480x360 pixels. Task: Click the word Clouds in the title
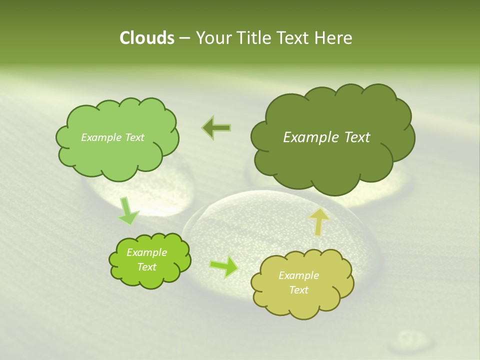click(x=146, y=38)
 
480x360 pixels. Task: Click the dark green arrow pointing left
click(x=216, y=128)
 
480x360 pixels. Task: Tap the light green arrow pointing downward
click(x=128, y=211)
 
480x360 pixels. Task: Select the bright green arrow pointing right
click(x=224, y=266)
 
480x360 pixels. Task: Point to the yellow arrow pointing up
click(x=319, y=221)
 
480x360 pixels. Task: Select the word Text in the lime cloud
click(x=147, y=267)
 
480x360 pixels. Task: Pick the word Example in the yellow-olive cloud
click(x=298, y=275)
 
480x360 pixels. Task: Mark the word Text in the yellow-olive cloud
click(x=298, y=290)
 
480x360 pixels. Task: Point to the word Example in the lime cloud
click(x=147, y=252)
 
